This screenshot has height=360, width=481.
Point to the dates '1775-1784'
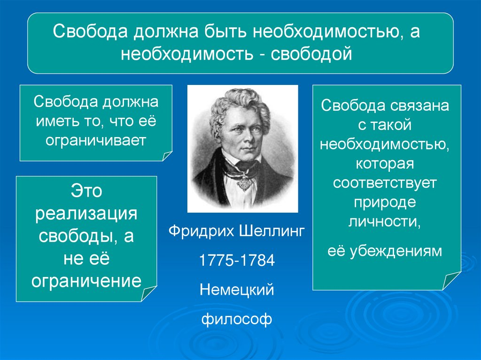[237, 261]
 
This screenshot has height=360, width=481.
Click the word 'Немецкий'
[237, 290]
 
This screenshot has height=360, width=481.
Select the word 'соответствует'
[385, 183]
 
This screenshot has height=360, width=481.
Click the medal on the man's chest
[243, 183]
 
